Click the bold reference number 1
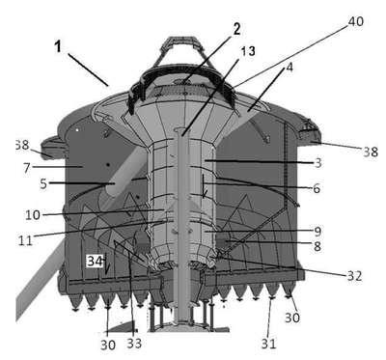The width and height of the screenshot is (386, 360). pos(58,46)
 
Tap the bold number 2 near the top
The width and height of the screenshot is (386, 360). pos(236,29)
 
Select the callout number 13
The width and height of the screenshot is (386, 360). pos(248,51)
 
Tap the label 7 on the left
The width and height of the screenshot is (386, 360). pos(26,168)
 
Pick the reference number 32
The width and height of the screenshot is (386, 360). pos(354,276)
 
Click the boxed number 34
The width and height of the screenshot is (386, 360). pos(96,261)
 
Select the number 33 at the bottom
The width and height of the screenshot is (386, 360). pos(134,344)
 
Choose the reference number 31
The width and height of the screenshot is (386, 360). pos(268,344)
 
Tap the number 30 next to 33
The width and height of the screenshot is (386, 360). pos(108,346)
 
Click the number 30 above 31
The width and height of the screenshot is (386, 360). pos(292,318)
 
